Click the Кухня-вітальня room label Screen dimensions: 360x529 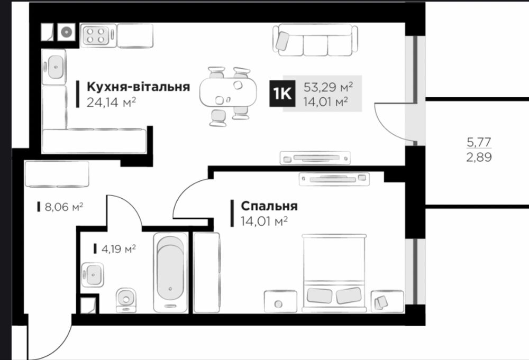[138, 87]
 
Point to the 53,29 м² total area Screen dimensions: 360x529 [328, 87]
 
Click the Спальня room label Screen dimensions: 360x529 [269, 206]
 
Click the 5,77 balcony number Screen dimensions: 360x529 [479, 142]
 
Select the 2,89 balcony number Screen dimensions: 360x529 [479, 157]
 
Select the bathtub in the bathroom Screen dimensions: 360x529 [170, 273]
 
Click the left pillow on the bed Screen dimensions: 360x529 [319, 296]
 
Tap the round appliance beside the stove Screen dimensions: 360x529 [66, 32]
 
